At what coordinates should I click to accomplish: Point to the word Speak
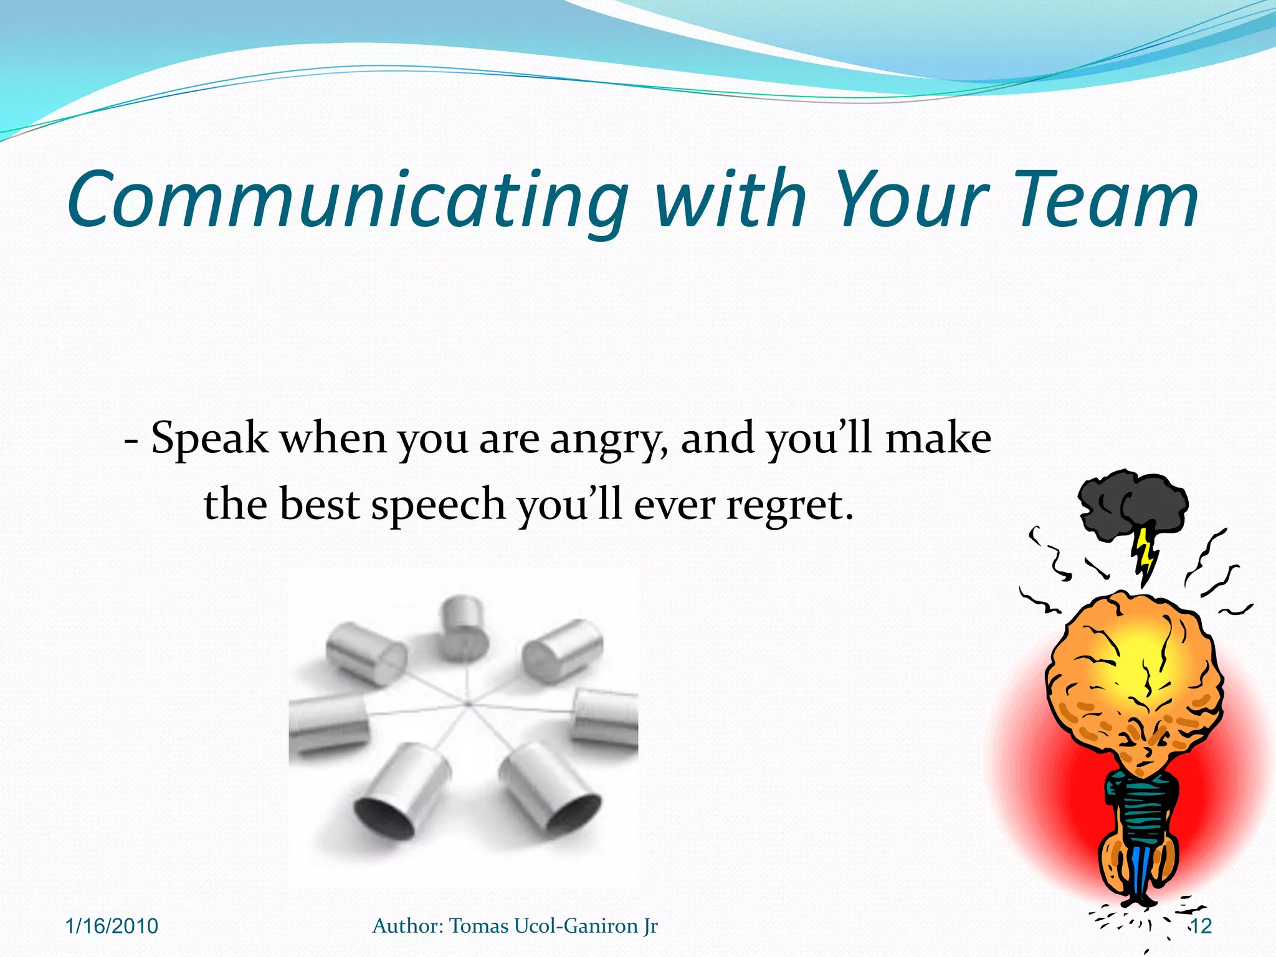pos(209,439)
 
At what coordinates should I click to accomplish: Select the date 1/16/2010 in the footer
pos(112,926)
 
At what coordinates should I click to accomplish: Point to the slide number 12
pos(1201,926)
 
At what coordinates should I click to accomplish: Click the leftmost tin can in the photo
pos(327,723)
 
